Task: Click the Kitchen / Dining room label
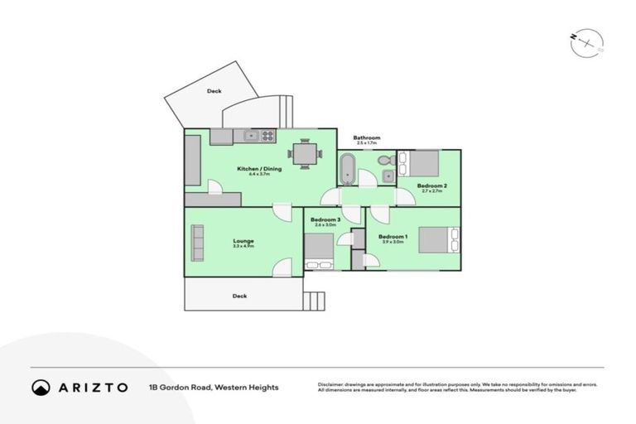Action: [x=259, y=169]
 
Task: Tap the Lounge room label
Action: [x=243, y=241]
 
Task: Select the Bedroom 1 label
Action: [x=391, y=237]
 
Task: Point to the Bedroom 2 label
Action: [x=432, y=185]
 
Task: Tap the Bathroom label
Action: [x=366, y=137]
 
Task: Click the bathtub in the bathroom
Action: [x=348, y=168]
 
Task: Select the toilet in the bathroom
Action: [x=384, y=160]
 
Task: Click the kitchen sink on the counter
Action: [x=250, y=135]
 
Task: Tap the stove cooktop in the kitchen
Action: [x=267, y=135]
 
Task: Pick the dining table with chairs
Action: [x=305, y=153]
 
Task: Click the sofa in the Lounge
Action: [x=197, y=242]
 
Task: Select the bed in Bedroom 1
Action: [x=438, y=239]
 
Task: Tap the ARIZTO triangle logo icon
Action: [x=41, y=388]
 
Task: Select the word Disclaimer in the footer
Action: [x=331, y=384]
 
